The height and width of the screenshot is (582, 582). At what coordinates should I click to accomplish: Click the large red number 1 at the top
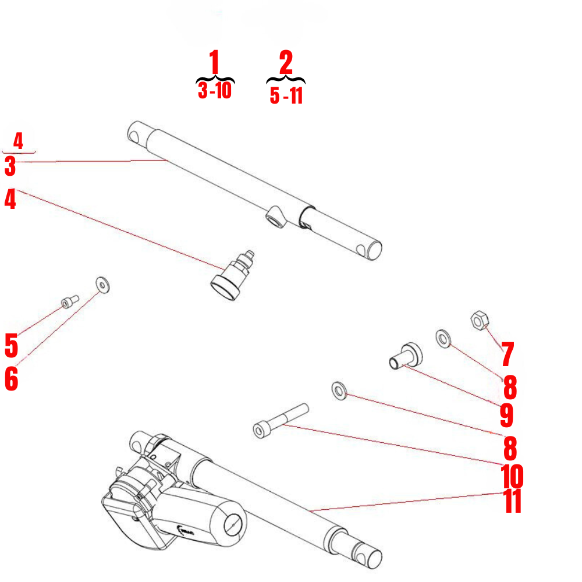[214, 63]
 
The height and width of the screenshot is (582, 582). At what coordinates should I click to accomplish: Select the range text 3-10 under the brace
[215, 91]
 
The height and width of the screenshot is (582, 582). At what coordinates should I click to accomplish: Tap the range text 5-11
[286, 95]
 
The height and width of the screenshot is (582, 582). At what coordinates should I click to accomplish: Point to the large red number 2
[286, 63]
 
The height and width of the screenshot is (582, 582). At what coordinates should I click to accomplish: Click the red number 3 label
[10, 166]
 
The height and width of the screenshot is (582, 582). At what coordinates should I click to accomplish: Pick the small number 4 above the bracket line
[18, 141]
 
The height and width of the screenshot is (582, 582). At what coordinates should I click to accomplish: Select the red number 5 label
[11, 346]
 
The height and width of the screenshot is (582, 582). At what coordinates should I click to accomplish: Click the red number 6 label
[11, 379]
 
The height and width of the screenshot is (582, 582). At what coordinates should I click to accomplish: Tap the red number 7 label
[507, 354]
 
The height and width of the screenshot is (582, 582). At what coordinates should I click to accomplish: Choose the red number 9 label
[506, 415]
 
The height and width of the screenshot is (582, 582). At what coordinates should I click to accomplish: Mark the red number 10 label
[512, 476]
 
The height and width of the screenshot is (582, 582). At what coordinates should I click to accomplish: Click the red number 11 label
[512, 502]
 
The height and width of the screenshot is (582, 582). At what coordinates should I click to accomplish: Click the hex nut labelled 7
[479, 320]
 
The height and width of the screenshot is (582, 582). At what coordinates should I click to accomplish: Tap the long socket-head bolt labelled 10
[279, 420]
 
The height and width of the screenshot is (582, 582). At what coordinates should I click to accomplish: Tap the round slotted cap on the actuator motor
[233, 524]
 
